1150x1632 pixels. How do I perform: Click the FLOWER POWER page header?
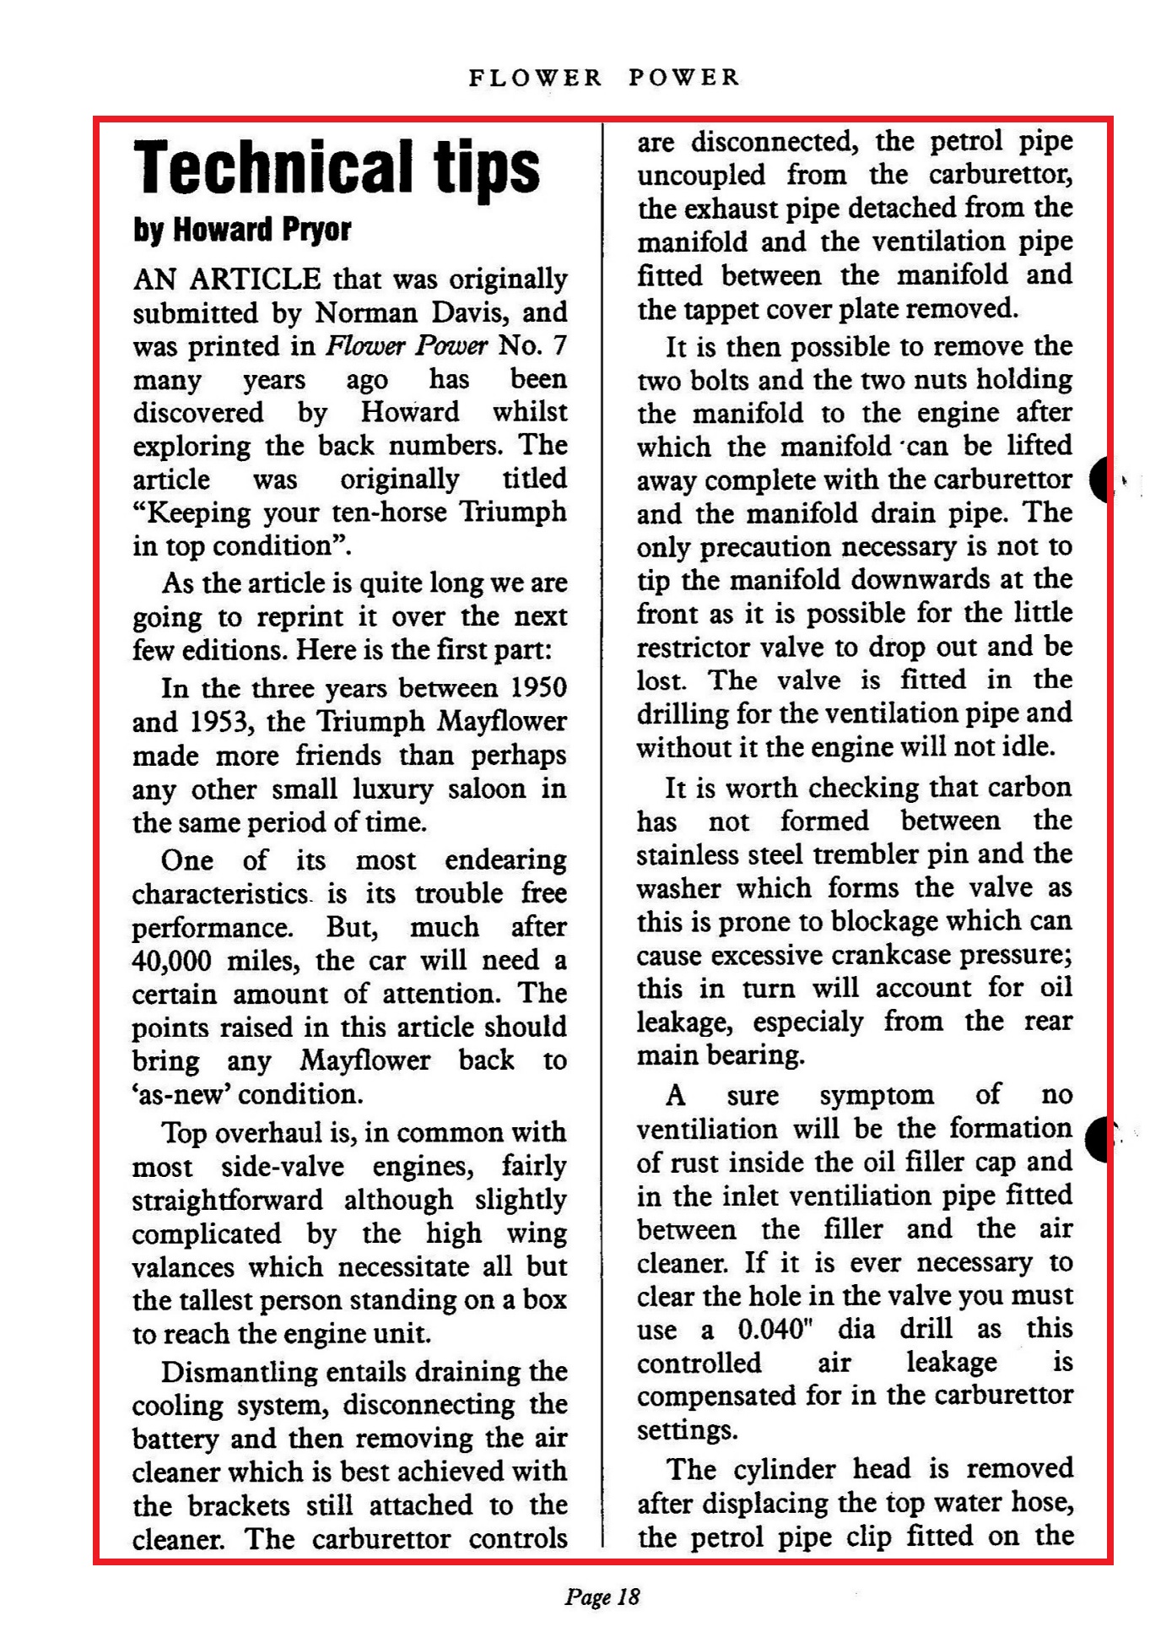pyautogui.click(x=604, y=79)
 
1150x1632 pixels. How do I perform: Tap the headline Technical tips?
pyautogui.click(x=337, y=167)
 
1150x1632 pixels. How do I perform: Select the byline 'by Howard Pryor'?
pyautogui.click(x=241, y=230)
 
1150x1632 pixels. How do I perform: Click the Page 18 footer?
pyautogui.click(x=602, y=1597)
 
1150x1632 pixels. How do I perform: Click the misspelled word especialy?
pyautogui.click(x=807, y=1022)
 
